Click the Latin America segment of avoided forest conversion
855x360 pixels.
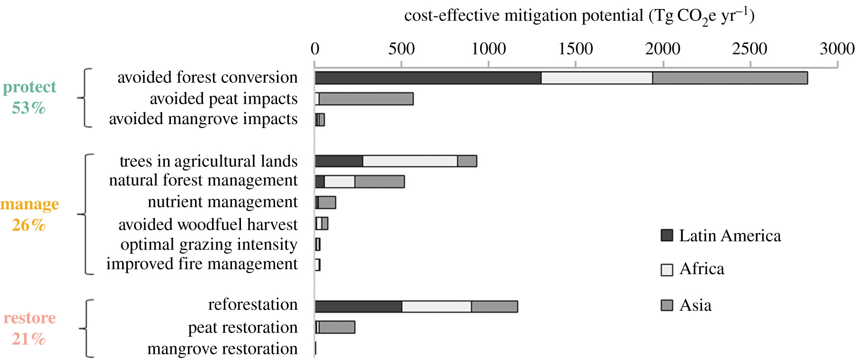[x=427, y=78]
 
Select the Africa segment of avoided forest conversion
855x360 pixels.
[x=597, y=78]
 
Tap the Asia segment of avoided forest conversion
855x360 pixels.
[x=730, y=78]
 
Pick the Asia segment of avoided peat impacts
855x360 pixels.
[x=365, y=99]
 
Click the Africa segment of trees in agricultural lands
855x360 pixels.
[x=410, y=161]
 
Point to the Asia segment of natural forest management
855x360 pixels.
[x=379, y=181]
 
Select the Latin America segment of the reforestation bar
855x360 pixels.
[x=358, y=306]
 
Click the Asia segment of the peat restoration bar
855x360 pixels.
[x=337, y=327]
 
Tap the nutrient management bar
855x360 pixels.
[x=326, y=203]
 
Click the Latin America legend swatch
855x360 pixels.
[x=667, y=235]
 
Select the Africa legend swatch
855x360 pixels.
[x=667, y=270]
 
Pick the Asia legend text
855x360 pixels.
[x=695, y=306]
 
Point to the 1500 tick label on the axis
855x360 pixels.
[x=575, y=49]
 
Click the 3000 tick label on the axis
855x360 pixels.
[x=837, y=49]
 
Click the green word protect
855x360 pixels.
[x=29, y=87]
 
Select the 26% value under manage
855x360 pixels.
[x=28, y=225]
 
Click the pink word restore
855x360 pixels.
[x=29, y=318]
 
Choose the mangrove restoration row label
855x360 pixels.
[x=223, y=349]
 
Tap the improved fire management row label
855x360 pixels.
[x=202, y=264]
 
